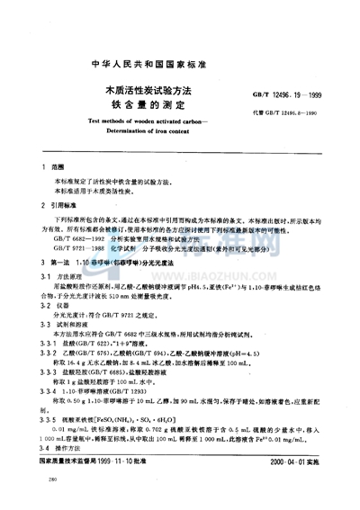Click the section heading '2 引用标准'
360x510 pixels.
[58, 205]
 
